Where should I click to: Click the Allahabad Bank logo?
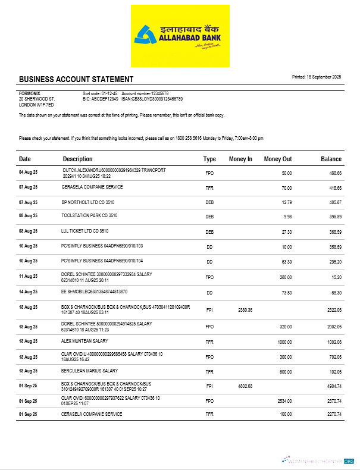point(180,36)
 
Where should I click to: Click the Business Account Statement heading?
point(76,80)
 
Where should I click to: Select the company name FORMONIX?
point(30,93)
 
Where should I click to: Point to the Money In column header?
point(240,159)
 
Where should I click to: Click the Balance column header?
point(331,159)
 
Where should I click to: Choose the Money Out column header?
point(278,159)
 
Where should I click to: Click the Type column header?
point(209,159)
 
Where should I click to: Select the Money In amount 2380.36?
point(245,310)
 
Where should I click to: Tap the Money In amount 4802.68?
point(245,386)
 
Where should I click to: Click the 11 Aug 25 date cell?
point(28,277)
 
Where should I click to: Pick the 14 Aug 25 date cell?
point(28,292)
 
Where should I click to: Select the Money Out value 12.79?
point(286,202)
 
